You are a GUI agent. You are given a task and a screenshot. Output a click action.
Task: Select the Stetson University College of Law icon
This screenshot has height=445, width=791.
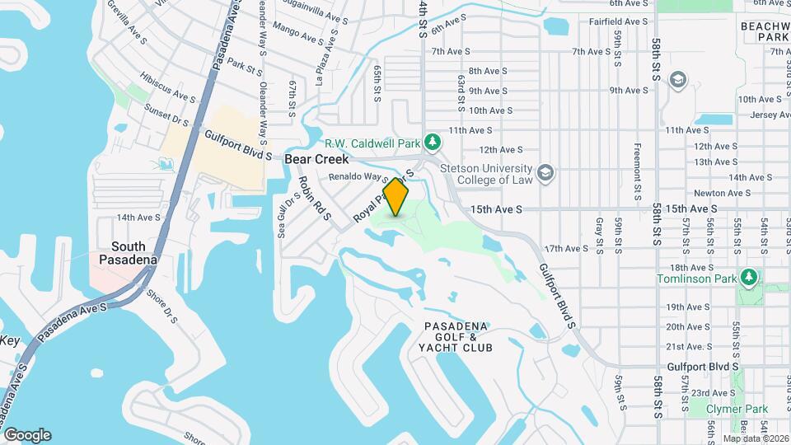545,173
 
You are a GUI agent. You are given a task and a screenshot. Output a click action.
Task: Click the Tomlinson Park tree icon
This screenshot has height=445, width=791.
748,277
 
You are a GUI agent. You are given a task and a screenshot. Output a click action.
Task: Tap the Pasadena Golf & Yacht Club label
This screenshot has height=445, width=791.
457,337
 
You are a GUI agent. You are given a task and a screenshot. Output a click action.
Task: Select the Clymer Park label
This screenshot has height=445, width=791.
737,410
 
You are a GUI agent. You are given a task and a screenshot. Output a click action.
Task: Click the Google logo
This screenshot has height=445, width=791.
27,435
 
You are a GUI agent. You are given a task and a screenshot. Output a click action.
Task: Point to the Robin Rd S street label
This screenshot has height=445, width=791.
315,198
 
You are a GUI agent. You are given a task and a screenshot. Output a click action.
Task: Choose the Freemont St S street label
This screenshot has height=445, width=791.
638,173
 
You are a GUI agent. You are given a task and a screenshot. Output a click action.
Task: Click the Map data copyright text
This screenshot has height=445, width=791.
756,438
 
